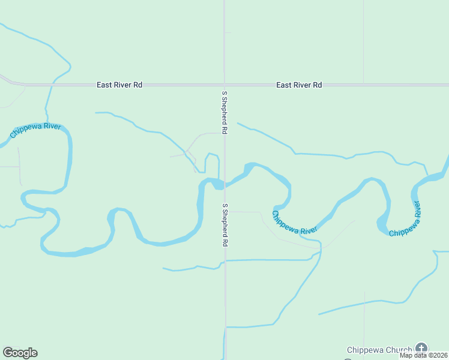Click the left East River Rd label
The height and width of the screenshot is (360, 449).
click(x=119, y=85)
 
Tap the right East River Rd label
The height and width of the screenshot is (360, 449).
click(x=299, y=85)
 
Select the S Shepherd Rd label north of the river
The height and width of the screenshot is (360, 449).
click(x=224, y=112)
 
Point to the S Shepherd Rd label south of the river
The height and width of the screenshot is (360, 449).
click(x=225, y=225)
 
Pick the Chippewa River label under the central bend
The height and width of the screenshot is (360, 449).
click(x=294, y=223)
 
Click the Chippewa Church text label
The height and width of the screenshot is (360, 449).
click(x=379, y=350)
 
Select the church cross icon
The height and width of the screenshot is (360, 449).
click(x=422, y=348)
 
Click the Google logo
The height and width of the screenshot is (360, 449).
click(x=20, y=353)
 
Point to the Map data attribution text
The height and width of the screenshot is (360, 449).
click(x=423, y=355)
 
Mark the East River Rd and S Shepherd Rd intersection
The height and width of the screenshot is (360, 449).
click(x=224, y=85)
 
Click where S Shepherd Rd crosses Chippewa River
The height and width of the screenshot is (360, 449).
click(x=224, y=183)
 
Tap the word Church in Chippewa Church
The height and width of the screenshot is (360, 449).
click(x=399, y=350)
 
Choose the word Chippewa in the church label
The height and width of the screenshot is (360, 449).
click(x=366, y=350)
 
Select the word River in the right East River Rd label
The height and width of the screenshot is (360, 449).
click(x=300, y=85)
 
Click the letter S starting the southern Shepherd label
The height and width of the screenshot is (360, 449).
click(x=225, y=206)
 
